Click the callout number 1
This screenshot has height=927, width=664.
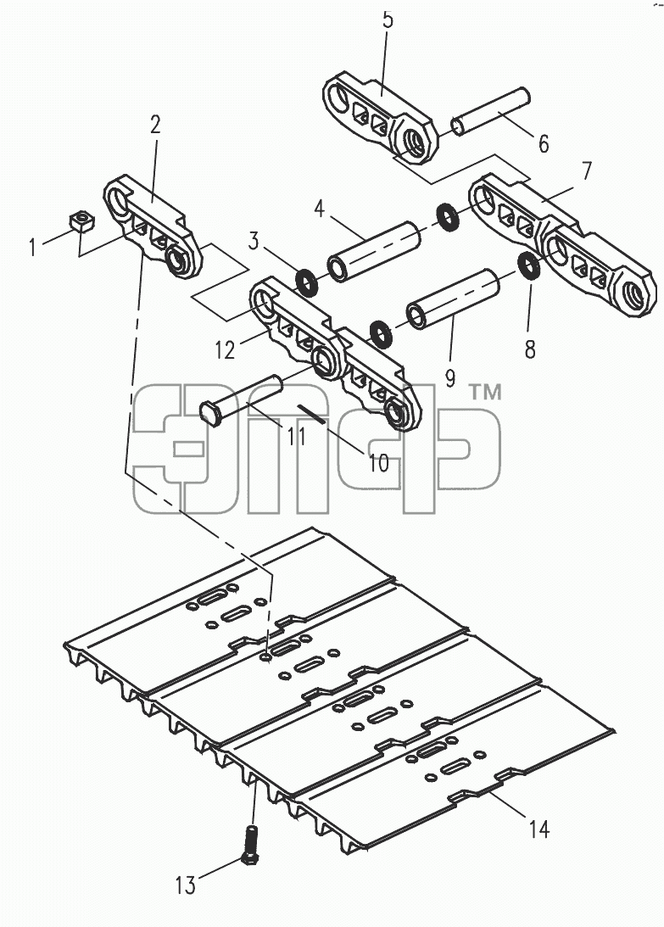(x=32, y=247)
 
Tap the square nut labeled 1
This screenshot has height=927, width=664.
(x=82, y=221)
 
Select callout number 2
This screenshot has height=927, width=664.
(x=155, y=124)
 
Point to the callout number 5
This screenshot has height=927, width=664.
(x=388, y=20)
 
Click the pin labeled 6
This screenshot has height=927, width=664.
(x=491, y=110)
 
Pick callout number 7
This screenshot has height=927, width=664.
(x=586, y=170)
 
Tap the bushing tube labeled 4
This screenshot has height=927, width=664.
(x=374, y=251)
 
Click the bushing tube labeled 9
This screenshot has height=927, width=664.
(x=453, y=298)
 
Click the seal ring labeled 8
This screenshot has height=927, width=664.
(x=528, y=265)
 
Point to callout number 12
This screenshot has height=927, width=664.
(x=225, y=350)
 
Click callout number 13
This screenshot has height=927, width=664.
(x=185, y=885)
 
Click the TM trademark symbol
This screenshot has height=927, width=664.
(x=485, y=392)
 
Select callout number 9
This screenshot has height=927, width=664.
(x=450, y=377)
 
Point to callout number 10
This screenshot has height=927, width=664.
(x=379, y=463)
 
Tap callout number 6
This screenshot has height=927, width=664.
(x=544, y=143)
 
